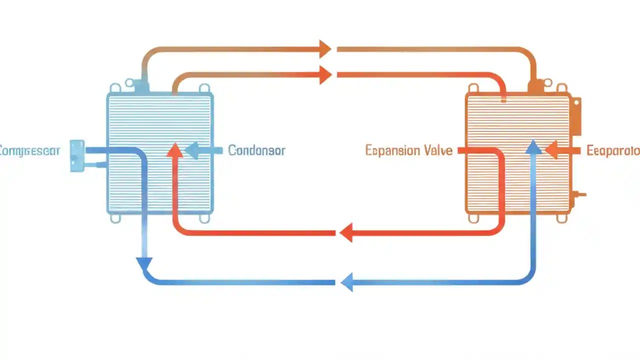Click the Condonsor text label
[x=256, y=150]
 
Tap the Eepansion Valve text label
[x=408, y=150]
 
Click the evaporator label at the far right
[x=613, y=150]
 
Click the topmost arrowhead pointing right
[x=325, y=49]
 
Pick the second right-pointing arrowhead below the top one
[x=325, y=74]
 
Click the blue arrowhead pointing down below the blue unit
[x=144, y=263]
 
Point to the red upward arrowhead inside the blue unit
[x=174, y=150]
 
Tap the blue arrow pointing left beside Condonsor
[x=192, y=150]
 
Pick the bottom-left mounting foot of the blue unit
[x=115, y=218]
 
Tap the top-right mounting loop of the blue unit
[x=204, y=88]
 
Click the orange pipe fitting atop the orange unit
[x=535, y=86]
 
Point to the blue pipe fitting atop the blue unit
[x=141, y=86]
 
